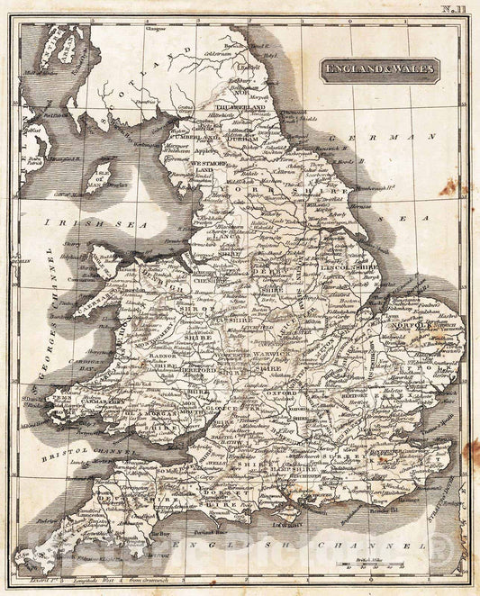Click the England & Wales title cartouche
coord(379,70)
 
